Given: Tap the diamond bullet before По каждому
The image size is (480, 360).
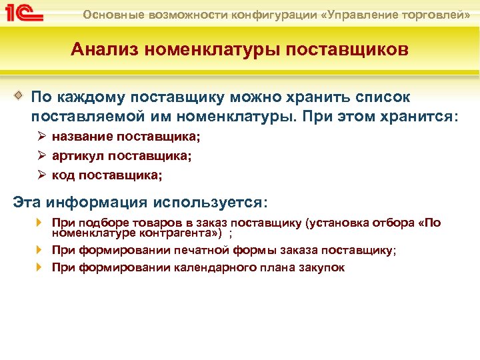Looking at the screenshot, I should click(19, 95).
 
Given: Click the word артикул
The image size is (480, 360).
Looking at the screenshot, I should click(78, 156).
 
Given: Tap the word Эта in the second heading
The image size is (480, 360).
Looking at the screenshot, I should click(27, 202).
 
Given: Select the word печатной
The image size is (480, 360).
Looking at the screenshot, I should click(201, 251).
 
